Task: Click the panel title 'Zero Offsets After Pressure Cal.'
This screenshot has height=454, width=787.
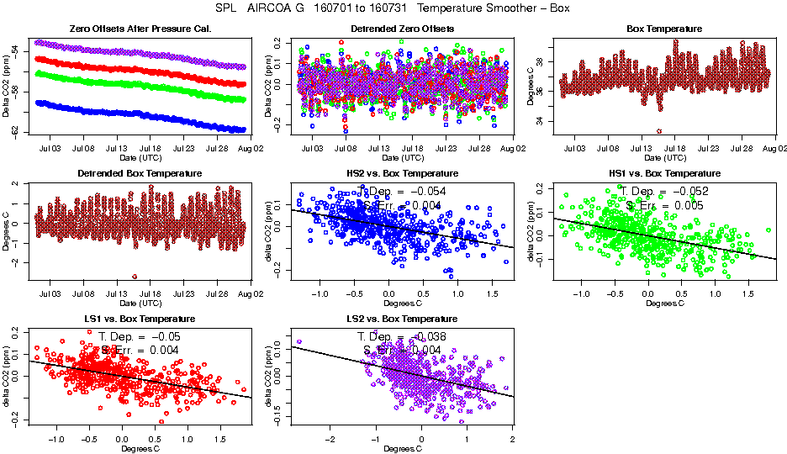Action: [140, 29]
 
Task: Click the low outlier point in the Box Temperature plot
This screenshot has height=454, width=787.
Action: [659, 131]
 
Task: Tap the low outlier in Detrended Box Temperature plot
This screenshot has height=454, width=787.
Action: [135, 276]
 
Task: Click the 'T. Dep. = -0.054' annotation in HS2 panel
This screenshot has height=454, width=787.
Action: [398, 191]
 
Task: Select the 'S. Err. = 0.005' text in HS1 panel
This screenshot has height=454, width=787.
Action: [665, 205]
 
